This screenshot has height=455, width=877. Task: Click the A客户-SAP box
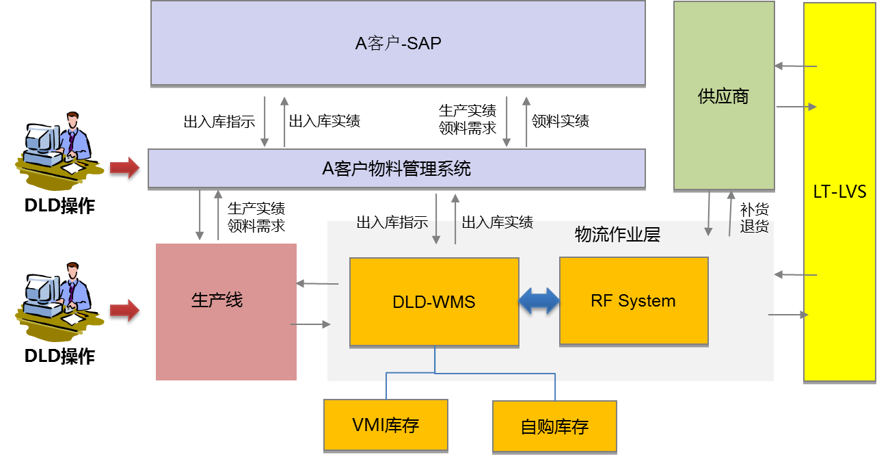coord(398,43)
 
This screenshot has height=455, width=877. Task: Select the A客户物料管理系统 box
coord(396,168)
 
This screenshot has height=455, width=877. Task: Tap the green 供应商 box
coord(724,96)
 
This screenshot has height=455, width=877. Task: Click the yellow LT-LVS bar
coord(839,191)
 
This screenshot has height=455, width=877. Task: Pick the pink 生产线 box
coord(226,311)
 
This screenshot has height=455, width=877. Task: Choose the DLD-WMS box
coord(434,301)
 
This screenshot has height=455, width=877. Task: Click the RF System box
coord(634,300)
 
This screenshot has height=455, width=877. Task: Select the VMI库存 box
coord(386,425)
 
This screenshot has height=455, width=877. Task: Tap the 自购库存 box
coord(554,427)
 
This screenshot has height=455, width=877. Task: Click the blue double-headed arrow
coord(539,301)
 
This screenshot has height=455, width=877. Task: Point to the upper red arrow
coord(124,167)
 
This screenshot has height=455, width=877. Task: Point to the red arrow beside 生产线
coord(124,310)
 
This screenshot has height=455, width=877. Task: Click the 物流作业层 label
coord(617,235)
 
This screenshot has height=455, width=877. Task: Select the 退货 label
coord(754,226)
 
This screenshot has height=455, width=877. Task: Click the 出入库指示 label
coord(392,223)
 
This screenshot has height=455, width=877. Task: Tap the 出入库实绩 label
coord(497,223)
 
